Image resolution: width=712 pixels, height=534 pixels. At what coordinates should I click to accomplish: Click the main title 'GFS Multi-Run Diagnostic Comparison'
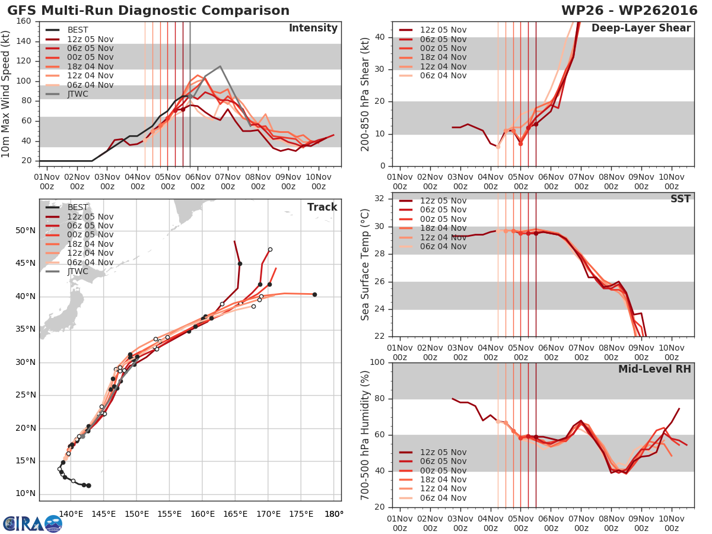pos(148,11)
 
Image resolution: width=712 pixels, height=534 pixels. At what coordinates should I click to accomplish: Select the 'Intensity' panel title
pos(313,28)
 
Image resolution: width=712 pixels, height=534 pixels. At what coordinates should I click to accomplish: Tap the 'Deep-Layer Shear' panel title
pos(641,28)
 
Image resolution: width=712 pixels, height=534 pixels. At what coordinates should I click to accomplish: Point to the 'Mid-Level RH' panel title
pos(654,369)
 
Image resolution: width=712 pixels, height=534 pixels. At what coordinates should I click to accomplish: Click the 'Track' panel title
pos(322,207)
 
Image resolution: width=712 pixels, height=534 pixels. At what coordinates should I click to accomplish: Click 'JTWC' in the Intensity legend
pos(78,94)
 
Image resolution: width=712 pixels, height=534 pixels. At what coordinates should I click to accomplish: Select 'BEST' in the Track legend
pos(78,207)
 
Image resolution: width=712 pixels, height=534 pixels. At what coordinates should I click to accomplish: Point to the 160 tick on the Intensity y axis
pos(24,21)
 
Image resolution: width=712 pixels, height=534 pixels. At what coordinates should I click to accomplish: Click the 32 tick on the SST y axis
pos(379,199)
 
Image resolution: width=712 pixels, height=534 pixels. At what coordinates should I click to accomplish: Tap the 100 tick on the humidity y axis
pos(377,362)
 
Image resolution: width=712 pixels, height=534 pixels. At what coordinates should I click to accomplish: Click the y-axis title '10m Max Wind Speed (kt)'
pos(7,90)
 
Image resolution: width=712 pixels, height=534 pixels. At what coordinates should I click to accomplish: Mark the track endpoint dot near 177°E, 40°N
pos(314,294)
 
